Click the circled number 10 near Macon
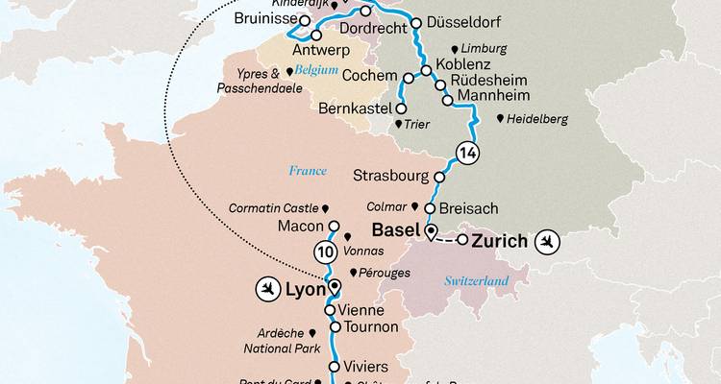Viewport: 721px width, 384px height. pyautogui.click(x=325, y=252)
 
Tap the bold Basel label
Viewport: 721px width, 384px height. pyautogui.click(x=396, y=230)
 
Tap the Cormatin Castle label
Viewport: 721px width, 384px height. pyautogui.click(x=274, y=207)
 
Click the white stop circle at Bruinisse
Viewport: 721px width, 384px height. pyautogui.click(x=304, y=20)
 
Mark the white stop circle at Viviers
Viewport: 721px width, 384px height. pyautogui.click(x=335, y=367)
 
